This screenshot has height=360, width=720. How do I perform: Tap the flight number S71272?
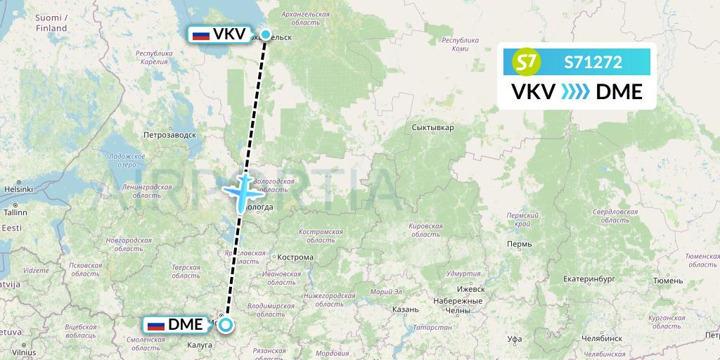click(x=593, y=63)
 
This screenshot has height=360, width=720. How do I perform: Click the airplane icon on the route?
click(x=243, y=190)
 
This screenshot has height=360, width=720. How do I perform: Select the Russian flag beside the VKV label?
click(x=201, y=34)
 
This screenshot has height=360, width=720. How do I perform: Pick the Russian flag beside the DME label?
click(x=155, y=325)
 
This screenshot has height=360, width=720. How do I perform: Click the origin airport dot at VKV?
click(x=266, y=34)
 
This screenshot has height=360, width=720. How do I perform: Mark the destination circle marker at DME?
click(x=225, y=324)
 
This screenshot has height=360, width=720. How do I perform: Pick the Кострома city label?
click(x=295, y=257)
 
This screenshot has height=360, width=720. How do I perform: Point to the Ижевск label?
click(x=471, y=289)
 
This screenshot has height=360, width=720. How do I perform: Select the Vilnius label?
click(x=23, y=353)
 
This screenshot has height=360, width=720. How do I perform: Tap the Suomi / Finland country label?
click(x=51, y=22)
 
